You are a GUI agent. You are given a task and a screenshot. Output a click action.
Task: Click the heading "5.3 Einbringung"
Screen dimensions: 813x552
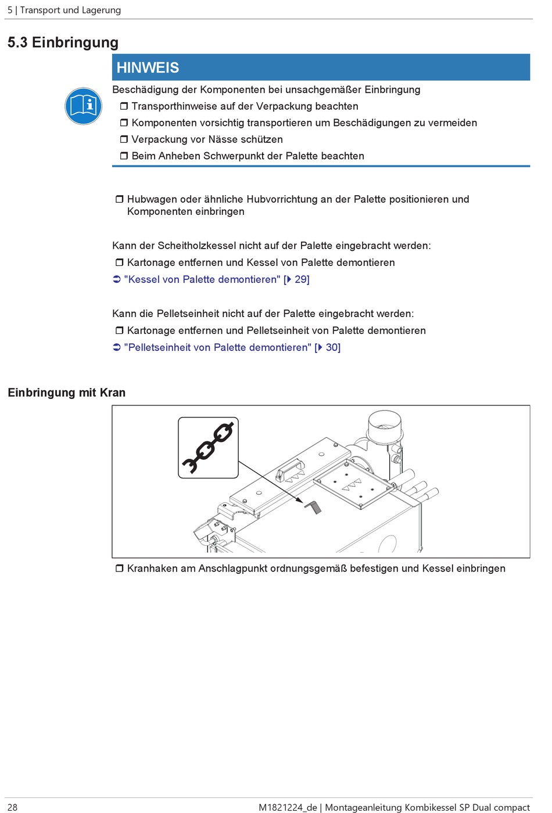pyautogui.click(x=63, y=42)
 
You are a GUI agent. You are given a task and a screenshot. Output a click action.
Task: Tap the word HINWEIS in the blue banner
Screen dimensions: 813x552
pyautogui.click(x=148, y=67)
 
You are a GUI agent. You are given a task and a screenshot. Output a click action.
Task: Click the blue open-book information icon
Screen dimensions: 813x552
pyautogui.click(x=84, y=106)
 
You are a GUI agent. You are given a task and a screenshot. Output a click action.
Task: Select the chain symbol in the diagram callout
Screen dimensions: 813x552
pyautogui.click(x=208, y=448)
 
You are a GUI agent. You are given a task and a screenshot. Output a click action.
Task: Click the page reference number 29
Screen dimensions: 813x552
pyautogui.click(x=302, y=279)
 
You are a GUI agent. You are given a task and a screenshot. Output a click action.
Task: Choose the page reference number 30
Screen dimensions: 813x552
pyautogui.click(x=332, y=347)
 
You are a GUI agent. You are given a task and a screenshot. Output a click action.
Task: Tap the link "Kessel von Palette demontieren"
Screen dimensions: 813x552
pyautogui.click(x=202, y=279)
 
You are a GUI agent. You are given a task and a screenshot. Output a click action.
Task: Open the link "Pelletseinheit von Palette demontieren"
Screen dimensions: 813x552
pyautogui.click(x=217, y=347)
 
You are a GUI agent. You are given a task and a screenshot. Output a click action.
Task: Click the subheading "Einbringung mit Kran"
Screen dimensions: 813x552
pyautogui.click(x=66, y=393)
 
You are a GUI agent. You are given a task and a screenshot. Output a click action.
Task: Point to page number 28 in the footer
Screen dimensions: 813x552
pyautogui.click(x=12, y=807)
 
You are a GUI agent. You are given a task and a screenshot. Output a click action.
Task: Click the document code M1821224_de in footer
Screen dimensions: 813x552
pyautogui.click(x=287, y=807)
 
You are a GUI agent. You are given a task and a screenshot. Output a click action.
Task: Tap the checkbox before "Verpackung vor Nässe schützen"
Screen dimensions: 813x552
pyautogui.click(x=124, y=139)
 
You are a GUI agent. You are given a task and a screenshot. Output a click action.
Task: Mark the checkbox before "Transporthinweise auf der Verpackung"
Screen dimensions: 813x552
pyautogui.click(x=124, y=106)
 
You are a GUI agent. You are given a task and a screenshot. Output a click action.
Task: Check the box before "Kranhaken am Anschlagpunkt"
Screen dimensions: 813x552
pyautogui.click(x=119, y=569)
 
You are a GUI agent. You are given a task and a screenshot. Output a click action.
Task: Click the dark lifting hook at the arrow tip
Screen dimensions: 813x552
pyautogui.click(x=313, y=508)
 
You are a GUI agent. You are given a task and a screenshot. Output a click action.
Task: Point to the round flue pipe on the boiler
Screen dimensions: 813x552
pyautogui.click(x=384, y=427)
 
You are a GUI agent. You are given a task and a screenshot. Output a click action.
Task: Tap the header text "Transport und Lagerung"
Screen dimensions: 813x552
pyautogui.click(x=70, y=10)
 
